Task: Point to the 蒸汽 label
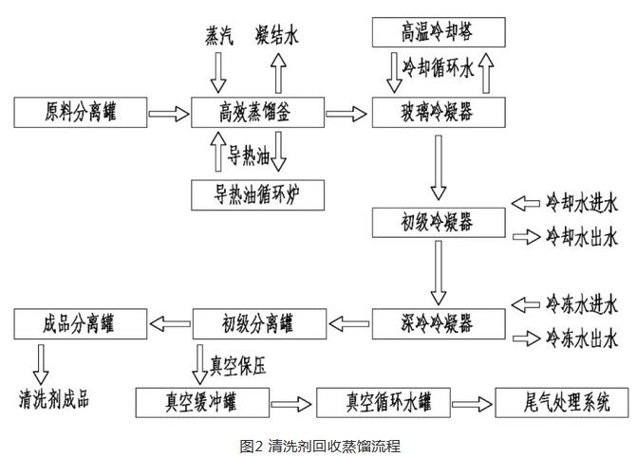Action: (x=218, y=35)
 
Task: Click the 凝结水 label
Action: (x=278, y=35)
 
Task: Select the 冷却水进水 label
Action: (x=581, y=202)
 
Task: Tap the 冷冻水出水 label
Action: (x=581, y=337)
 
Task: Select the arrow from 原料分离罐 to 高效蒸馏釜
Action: (x=169, y=114)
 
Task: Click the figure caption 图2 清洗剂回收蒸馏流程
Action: (x=320, y=445)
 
